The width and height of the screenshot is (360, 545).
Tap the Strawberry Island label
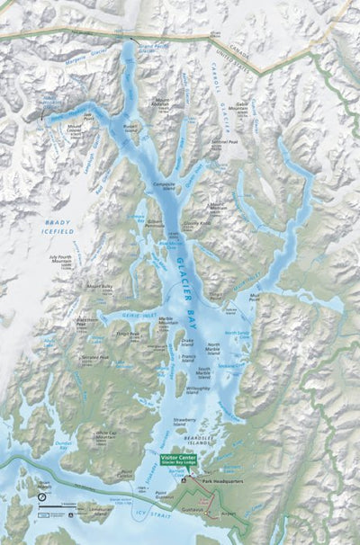click(x=183, y=420)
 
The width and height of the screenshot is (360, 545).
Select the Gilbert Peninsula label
click(x=159, y=222)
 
